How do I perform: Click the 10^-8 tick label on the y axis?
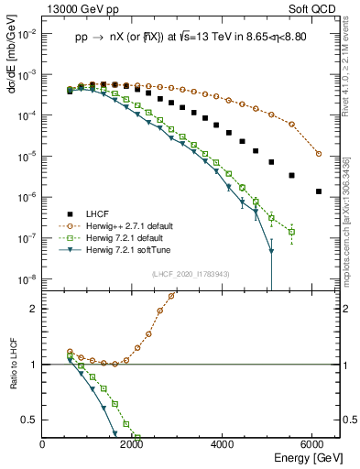(27, 278)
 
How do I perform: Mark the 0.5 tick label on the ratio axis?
(31, 420)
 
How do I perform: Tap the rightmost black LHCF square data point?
(318, 191)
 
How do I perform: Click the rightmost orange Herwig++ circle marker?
(318, 153)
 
